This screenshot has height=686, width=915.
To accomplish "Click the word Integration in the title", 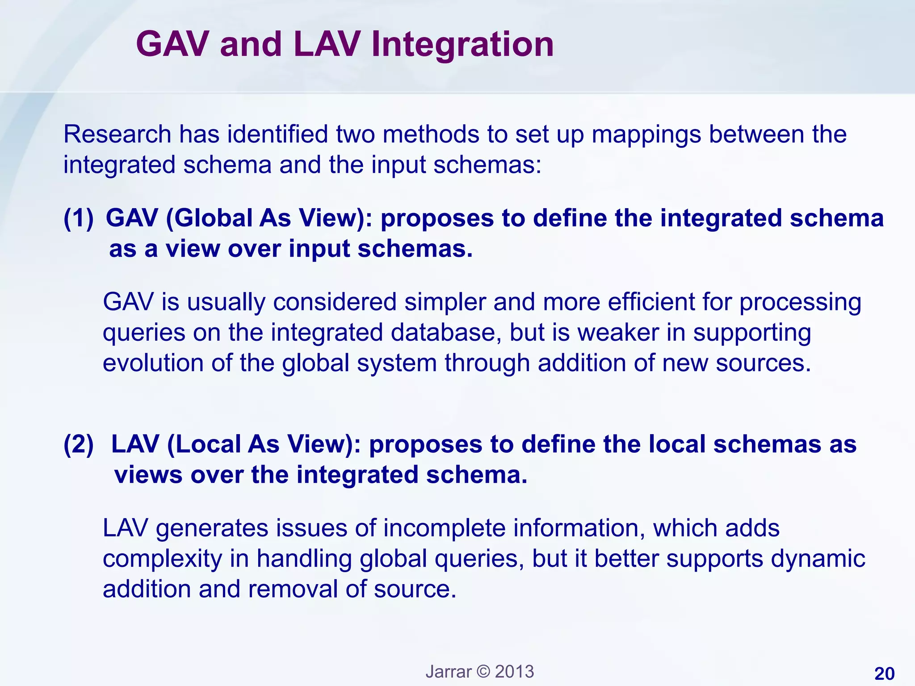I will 462,45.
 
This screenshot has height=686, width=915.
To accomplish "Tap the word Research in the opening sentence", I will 118,134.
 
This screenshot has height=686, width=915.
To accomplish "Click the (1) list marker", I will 79,218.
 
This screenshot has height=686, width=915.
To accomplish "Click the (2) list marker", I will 79,444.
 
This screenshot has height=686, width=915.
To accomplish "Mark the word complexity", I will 162,559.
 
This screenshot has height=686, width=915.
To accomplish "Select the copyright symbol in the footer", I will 483,672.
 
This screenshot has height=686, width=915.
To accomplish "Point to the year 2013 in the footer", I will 514,672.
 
